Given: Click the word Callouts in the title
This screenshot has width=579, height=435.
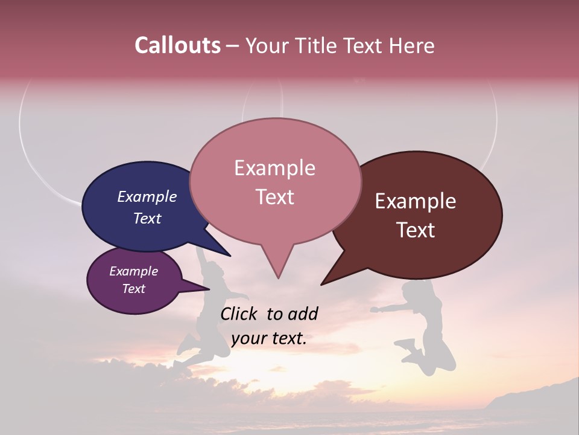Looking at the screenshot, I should (177, 45).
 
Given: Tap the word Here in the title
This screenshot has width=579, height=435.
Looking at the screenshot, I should (411, 45).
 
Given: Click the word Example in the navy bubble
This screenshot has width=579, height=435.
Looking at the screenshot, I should (147, 197).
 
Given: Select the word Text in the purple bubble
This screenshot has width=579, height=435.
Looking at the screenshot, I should (133, 289).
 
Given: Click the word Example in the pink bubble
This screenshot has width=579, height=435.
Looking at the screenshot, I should (274, 168).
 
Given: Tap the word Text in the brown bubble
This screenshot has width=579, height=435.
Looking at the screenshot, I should (416, 230).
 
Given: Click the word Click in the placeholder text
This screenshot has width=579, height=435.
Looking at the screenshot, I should (240, 314).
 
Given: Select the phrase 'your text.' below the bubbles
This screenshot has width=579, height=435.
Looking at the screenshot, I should (268, 338).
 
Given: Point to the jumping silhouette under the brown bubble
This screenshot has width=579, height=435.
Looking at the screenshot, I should (425, 326).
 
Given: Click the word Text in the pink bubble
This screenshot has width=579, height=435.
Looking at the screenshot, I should (275, 197).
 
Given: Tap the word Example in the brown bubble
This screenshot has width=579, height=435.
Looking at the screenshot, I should (416, 201).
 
